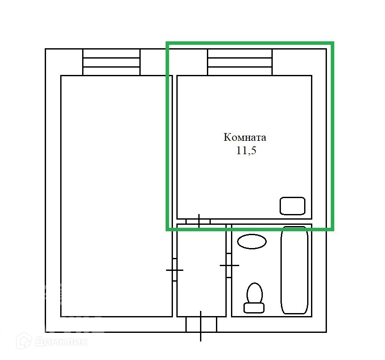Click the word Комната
pos(245,137)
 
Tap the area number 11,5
pos(246,150)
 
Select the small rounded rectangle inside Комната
pos(293,206)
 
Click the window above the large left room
pos(111,62)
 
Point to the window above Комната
pos(240,62)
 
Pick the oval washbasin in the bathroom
pos(252,242)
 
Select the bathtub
pos(294,270)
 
